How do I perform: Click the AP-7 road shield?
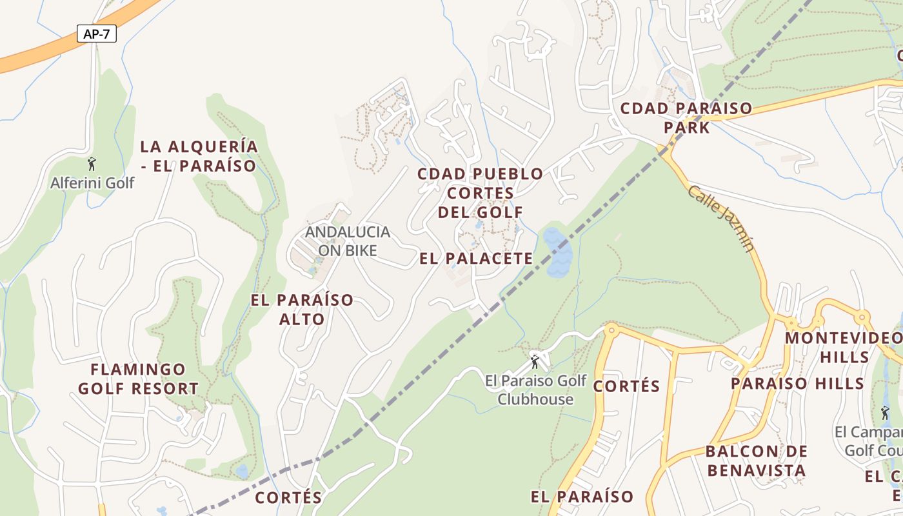97,34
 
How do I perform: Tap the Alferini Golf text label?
92,183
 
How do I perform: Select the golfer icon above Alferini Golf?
92,163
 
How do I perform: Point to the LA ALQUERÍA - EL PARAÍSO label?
199,156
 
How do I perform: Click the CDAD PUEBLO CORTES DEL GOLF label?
481,193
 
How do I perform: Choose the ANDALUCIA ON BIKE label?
348,241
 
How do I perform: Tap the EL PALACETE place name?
476,259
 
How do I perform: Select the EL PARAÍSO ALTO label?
302,310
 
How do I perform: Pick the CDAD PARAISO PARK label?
686,117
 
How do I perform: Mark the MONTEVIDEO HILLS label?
844,347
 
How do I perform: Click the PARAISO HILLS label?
797,383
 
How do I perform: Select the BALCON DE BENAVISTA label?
757,461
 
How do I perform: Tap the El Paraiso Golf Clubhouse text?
535,390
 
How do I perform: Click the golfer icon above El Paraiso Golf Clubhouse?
534,362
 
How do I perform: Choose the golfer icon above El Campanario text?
885,412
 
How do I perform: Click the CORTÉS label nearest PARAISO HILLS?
626,386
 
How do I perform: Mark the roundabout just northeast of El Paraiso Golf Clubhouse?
610,330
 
